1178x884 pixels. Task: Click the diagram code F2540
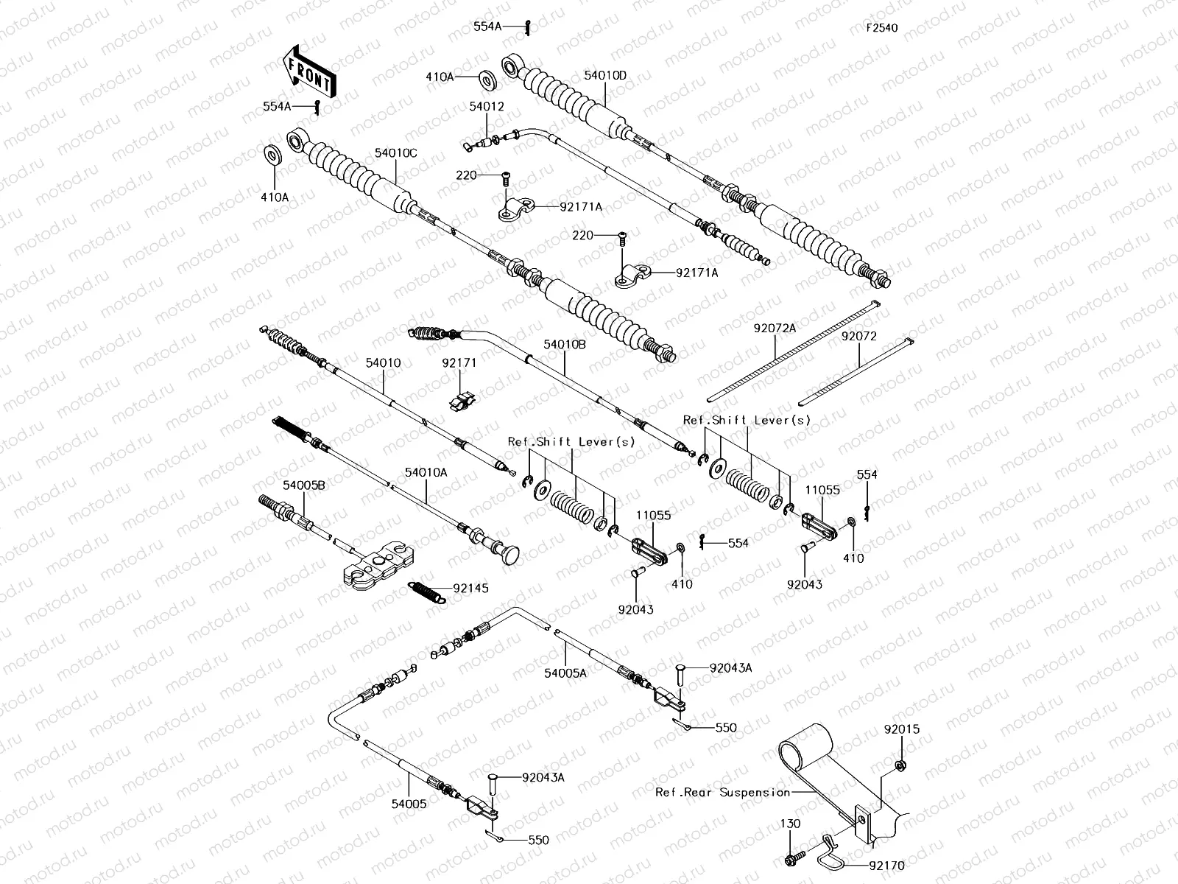click(881, 29)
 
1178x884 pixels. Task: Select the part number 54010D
click(605, 75)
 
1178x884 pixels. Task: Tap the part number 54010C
click(395, 153)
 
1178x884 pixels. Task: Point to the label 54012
click(487, 107)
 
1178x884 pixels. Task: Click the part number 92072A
click(774, 329)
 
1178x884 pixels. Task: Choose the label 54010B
click(565, 344)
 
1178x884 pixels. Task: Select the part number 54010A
click(426, 472)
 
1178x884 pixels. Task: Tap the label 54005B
click(304, 485)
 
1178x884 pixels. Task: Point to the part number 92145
click(470, 589)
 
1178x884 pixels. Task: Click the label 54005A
click(565, 673)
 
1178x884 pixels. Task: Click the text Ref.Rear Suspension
click(722, 792)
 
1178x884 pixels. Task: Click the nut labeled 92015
click(900, 766)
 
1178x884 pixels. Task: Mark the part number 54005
click(409, 804)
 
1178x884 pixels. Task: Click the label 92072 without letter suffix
click(859, 336)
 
